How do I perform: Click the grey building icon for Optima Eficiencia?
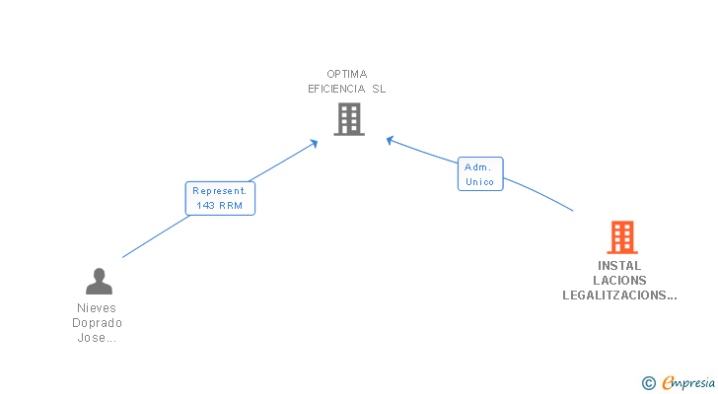[349, 120]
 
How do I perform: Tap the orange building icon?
[621, 237]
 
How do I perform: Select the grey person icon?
[99, 282]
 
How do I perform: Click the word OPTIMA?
[348, 74]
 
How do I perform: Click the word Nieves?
[97, 308]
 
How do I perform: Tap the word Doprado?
[97, 323]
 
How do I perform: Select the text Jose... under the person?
[97, 338]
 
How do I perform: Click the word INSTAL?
[619, 265]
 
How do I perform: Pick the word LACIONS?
[619, 280]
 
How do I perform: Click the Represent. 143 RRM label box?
[220, 198]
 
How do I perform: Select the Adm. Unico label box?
[480, 174]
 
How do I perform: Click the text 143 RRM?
[220, 206]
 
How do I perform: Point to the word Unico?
[480, 182]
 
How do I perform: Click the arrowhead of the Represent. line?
[315, 143]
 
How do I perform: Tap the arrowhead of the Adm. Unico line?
[390, 140]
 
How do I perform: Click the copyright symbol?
[648, 383]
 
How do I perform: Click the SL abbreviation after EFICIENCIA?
[379, 89]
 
